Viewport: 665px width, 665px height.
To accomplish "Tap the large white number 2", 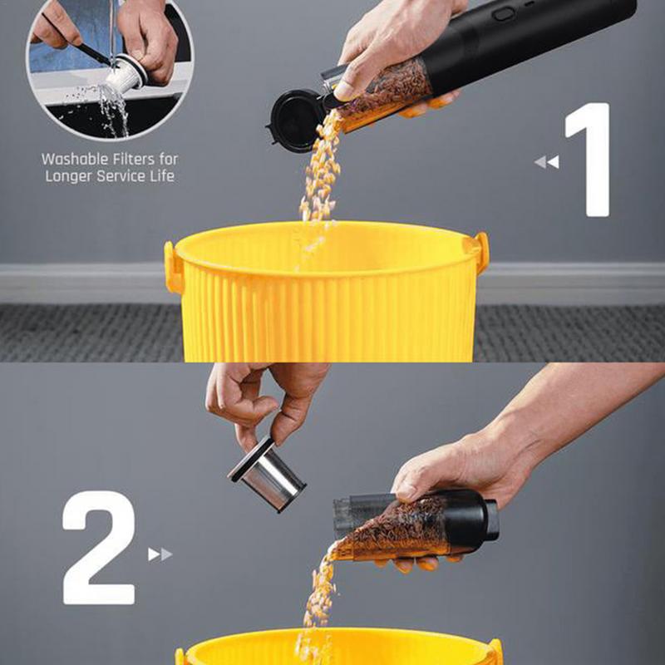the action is click(99, 547).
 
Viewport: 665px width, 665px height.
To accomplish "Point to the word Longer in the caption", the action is click(69, 176).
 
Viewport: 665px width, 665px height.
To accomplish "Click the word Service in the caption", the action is click(122, 175).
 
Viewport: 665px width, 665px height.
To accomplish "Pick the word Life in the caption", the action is click(163, 175).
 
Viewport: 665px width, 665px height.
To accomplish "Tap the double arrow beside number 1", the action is click(547, 162).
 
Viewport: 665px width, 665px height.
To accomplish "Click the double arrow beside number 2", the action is click(160, 554).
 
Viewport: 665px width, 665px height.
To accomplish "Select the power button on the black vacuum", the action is click(504, 14).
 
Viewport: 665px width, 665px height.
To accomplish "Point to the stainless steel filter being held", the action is click(266, 475).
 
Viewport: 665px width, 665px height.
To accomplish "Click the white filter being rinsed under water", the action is click(126, 76).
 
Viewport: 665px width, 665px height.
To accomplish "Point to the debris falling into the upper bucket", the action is click(320, 170).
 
